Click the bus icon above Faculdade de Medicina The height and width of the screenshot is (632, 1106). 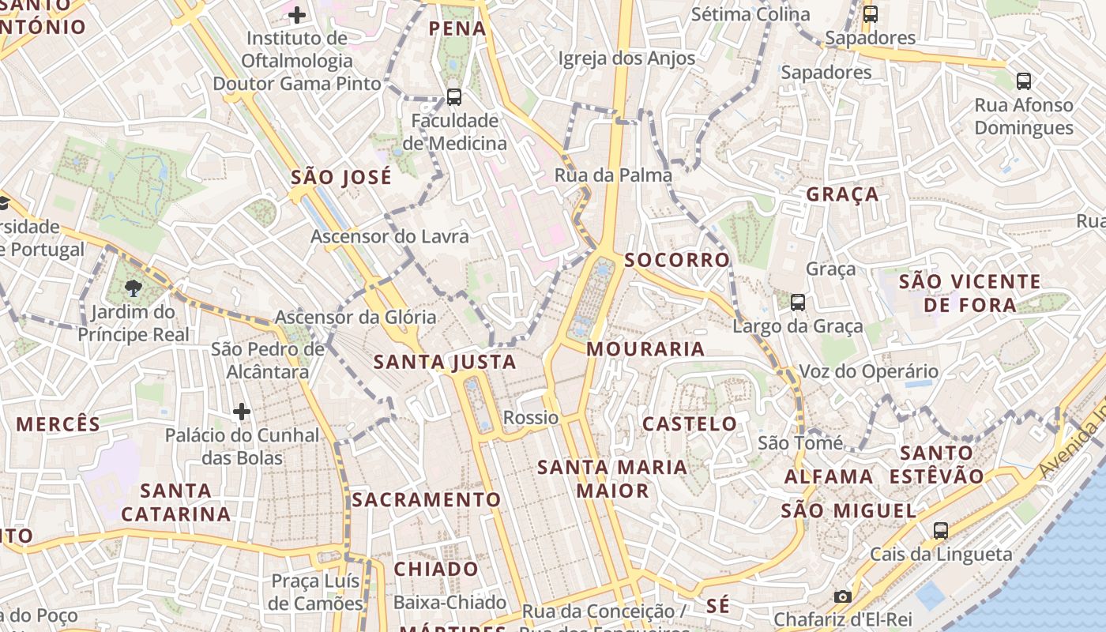pyautogui.click(x=453, y=97)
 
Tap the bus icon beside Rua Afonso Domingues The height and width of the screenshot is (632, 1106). pyautogui.click(x=1023, y=81)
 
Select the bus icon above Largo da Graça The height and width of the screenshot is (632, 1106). pyautogui.click(x=798, y=302)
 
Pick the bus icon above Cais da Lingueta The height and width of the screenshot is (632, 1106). pyautogui.click(x=940, y=530)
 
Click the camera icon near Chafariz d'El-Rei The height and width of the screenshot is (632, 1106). pyautogui.click(x=843, y=596)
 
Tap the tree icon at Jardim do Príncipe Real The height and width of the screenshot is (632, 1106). pyautogui.click(x=133, y=288)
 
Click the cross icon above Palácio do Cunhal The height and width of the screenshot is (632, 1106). pyautogui.click(x=242, y=411)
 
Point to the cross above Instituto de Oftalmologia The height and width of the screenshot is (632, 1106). pyautogui.click(x=296, y=14)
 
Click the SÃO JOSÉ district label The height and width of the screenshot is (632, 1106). pyautogui.click(x=341, y=178)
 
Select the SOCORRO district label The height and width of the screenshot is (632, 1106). pyautogui.click(x=677, y=260)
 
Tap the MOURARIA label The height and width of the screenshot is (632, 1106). pyautogui.click(x=645, y=349)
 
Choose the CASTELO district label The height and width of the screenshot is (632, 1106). pyautogui.click(x=689, y=423)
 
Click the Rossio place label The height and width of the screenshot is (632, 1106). pyautogui.click(x=531, y=417)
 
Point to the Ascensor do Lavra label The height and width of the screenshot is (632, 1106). pyautogui.click(x=389, y=236)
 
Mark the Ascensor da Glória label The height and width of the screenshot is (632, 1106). pyautogui.click(x=355, y=317)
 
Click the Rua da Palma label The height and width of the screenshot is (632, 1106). pyautogui.click(x=613, y=175)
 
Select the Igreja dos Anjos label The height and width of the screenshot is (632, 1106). pyautogui.click(x=626, y=58)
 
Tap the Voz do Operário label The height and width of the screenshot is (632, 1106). pyautogui.click(x=869, y=371)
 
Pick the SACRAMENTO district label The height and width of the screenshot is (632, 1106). pyautogui.click(x=426, y=499)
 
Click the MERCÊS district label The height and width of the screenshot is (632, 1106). pyautogui.click(x=58, y=424)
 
